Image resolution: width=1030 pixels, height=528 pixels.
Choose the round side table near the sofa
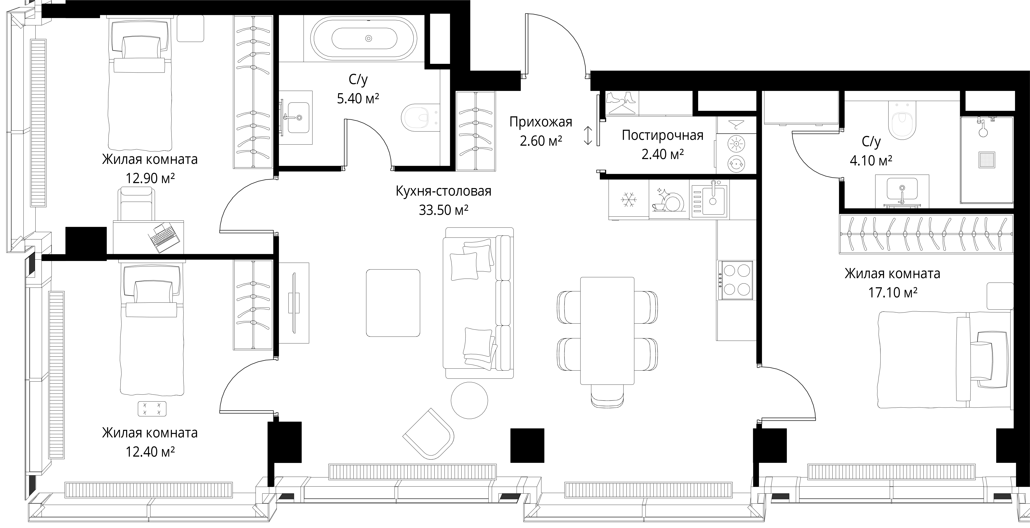coord(469,400)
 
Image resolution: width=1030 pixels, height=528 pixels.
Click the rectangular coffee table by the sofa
coord(393,303)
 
